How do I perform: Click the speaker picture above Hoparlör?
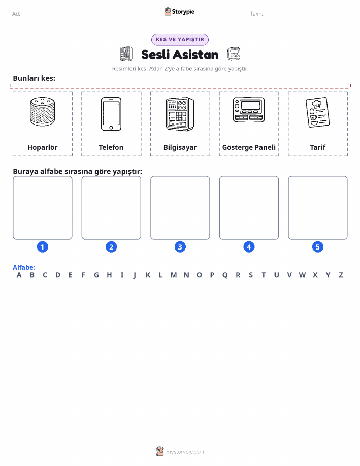click(x=43, y=111)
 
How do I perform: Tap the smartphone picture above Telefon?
click(x=111, y=114)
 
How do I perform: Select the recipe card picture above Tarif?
click(x=317, y=112)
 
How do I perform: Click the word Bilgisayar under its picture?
click(x=180, y=147)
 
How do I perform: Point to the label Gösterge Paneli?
click(x=249, y=147)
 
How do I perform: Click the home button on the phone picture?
click(x=111, y=128)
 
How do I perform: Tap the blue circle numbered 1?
click(x=43, y=247)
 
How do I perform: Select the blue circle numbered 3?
click(x=180, y=247)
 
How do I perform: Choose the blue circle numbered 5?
click(x=317, y=247)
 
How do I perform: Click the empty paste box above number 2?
click(x=111, y=208)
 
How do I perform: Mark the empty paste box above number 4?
click(x=249, y=208)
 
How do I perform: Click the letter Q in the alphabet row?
click(x=225, y=275)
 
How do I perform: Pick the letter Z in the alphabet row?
click(x=341, y=275)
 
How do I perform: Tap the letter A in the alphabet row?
click(x=19, y=275)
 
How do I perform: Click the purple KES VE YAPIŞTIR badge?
click(x=180, y=39)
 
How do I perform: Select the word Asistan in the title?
click(x=196, y=55)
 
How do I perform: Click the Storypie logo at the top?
click(x=179, y=12)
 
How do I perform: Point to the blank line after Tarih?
click(x=311, y=17)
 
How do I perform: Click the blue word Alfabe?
click(x=24, y=267)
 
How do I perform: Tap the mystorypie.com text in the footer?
click(x=185, y=452)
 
